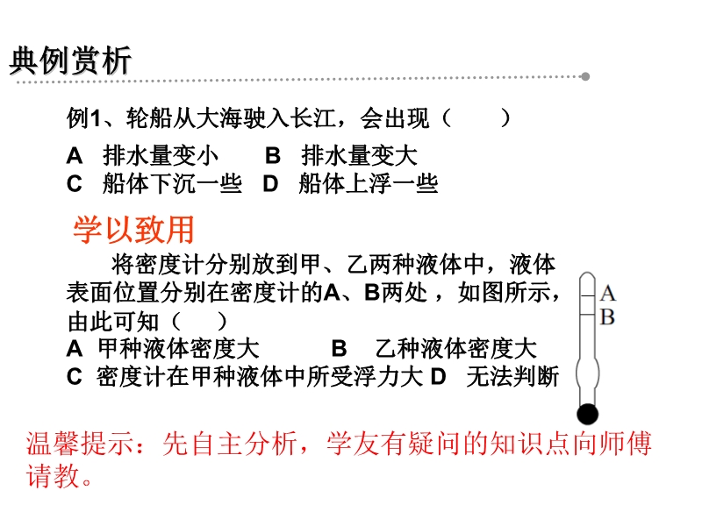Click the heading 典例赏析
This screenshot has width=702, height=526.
pyautogui.click(x=70, y=60)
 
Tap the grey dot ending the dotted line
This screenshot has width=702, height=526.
pyautogui.click(x=585, y=76)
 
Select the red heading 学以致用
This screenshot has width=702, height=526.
pyautogui.click(x=133, y=230)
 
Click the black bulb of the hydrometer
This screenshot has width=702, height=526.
pyautogui.click(x=587, y=414)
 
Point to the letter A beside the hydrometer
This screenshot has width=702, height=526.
pyautogui.click(x=607, y=294)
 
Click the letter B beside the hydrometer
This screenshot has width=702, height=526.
pyautogui.click(x=607, y=317)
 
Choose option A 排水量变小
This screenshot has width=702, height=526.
pyautogui.click(x=142, y=156)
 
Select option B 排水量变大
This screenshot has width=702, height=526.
pyautogui.click(x=341, y=156)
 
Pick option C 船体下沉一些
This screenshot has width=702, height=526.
pyautogui.click(x=154, y=184)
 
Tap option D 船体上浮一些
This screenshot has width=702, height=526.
pyautogui.click(x=350, y=184)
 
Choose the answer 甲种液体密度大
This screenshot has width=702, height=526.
pyautogui.click(x=163, y=348)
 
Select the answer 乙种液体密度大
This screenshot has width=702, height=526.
pyautogui.click(x=433, y=348)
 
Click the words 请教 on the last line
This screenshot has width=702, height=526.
pyautogui.click(x=53, y=475)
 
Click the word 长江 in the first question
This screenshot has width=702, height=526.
pyautogui.click(x=313, y=118)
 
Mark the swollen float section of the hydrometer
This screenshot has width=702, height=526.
pyautogui.click(x=587, y=373)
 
